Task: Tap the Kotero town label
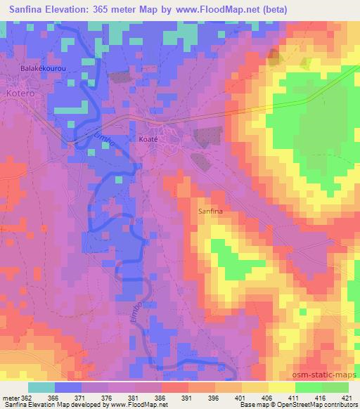point(18,93)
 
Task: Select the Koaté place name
point(148,138)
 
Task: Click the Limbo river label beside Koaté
point(103,135)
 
